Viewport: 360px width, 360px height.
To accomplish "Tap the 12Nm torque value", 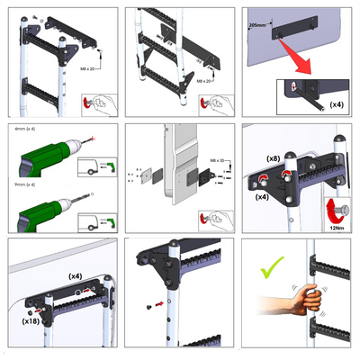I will pyautogui.click(x=340, y=229).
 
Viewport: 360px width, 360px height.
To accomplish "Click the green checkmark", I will pyautogui.click(x=269, y=265).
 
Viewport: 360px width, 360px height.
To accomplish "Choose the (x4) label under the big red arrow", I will pyautogui.click(x=335, y=105).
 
